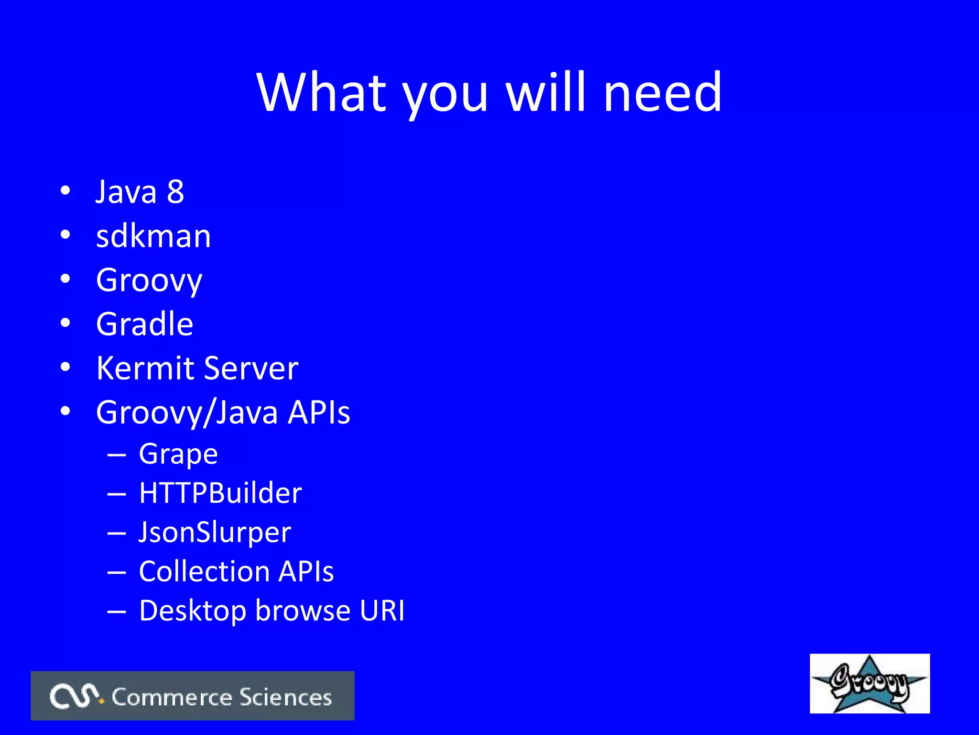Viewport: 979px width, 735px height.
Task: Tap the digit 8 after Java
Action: pyautogui.click(x=175, y=192)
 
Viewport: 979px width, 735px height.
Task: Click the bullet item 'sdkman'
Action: pyautogui.click(x=153, y=236)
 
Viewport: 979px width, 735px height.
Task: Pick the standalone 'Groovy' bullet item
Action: pyautogui.click(x=149, y=281)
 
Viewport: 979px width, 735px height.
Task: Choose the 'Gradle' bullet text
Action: pyautogui.click(x=144, y=324)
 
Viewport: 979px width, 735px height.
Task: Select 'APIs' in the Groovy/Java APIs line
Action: pyautogui.click(x=318, y=412)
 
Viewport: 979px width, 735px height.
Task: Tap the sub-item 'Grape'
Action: pyautogui.click(x=178, y=454)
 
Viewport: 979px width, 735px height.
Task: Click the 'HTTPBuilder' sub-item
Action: pyautogui.click(x=220, y=493)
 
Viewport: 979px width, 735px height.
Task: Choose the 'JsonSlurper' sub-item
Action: pyautogui.click(x=215, y=533)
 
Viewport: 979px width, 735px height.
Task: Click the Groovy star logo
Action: pyautogui.click(x=869, y=683)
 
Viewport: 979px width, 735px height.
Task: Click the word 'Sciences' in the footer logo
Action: pyautogui.click(x=285, y=697)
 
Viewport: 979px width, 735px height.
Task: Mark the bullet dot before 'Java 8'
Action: pyautogui.click(x=65, y=191)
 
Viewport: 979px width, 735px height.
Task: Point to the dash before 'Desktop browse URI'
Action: pyautogui.click(x=117, y=611)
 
